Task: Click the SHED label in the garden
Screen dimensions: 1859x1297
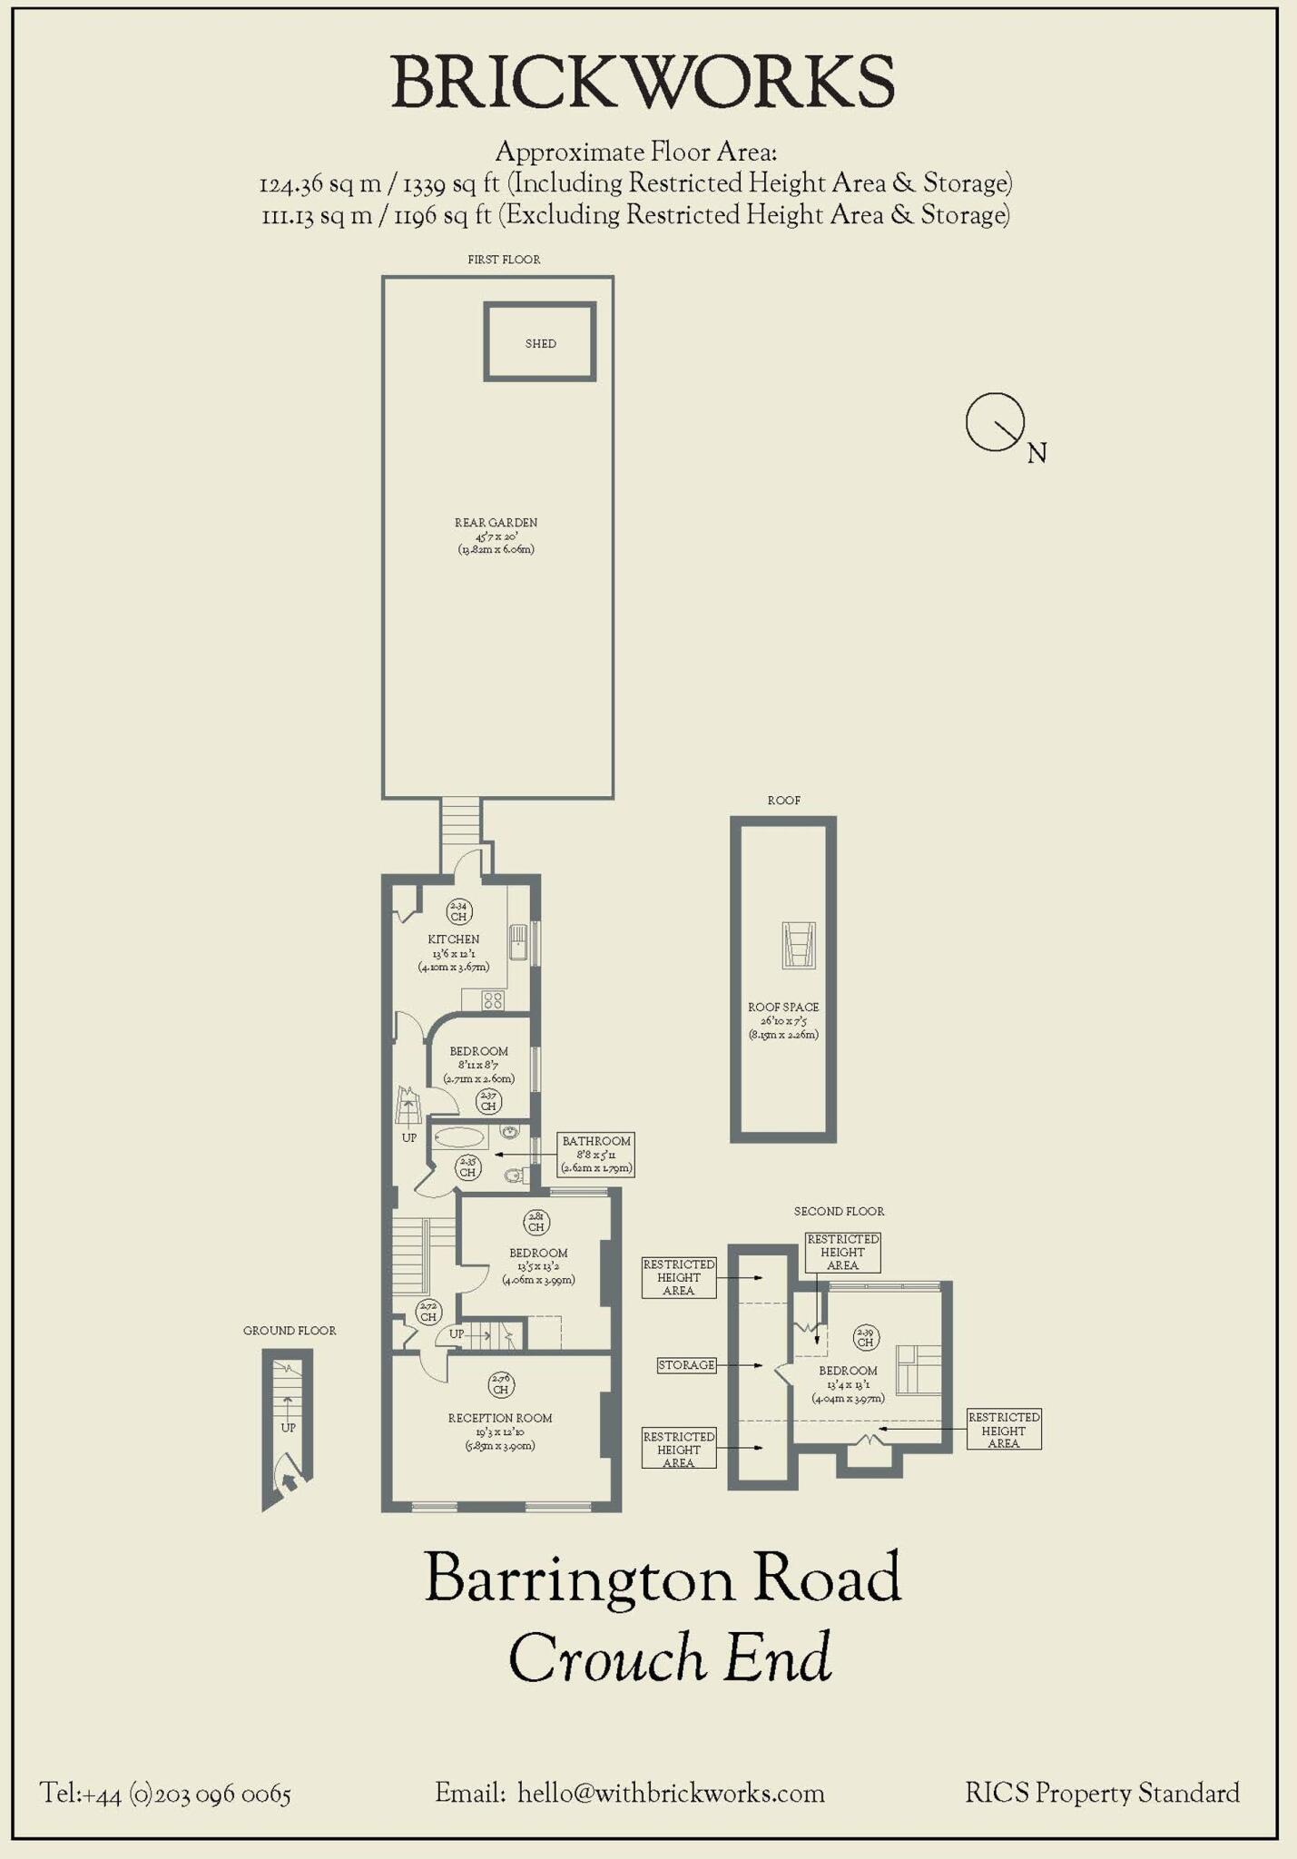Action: click(x=540, y=343)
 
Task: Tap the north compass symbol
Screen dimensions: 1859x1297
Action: click(x=996, y=422)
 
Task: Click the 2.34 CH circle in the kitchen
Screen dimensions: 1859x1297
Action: click(x=458, y=910)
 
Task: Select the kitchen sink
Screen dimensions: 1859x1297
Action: click(x=518, y=942)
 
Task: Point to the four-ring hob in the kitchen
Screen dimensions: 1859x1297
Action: click(x=493, y=1000)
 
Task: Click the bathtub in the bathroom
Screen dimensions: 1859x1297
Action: click(x=459, y=1137)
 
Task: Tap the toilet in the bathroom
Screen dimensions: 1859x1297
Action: click(x=515, y=1175)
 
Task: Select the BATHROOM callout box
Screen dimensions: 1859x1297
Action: click(x=595, y=1154)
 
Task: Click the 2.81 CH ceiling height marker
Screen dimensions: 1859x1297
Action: click(x=536, y=1222)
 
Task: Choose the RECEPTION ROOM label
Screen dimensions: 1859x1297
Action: click(x=499, y=1418)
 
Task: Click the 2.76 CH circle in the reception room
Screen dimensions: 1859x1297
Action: click(x=500, y=1384)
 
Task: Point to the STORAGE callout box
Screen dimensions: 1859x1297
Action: click(x=686, y=1365)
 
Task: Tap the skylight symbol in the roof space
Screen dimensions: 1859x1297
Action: click(x=799, y=945)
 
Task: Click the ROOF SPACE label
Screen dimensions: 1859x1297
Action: click(x=783, y=1007)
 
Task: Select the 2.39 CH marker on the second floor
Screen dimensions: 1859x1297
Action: click(x=865, y=1337)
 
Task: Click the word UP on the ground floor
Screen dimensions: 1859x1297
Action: click(x=288, y=1428)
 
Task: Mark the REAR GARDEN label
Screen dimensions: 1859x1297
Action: click(x=496, y=523)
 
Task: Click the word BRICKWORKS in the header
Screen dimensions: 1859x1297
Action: click(x=643, y=82)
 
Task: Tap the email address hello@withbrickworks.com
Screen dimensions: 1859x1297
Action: click(x=671, y=1794)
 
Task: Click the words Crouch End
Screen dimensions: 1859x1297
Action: click(x=670, y=1657)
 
